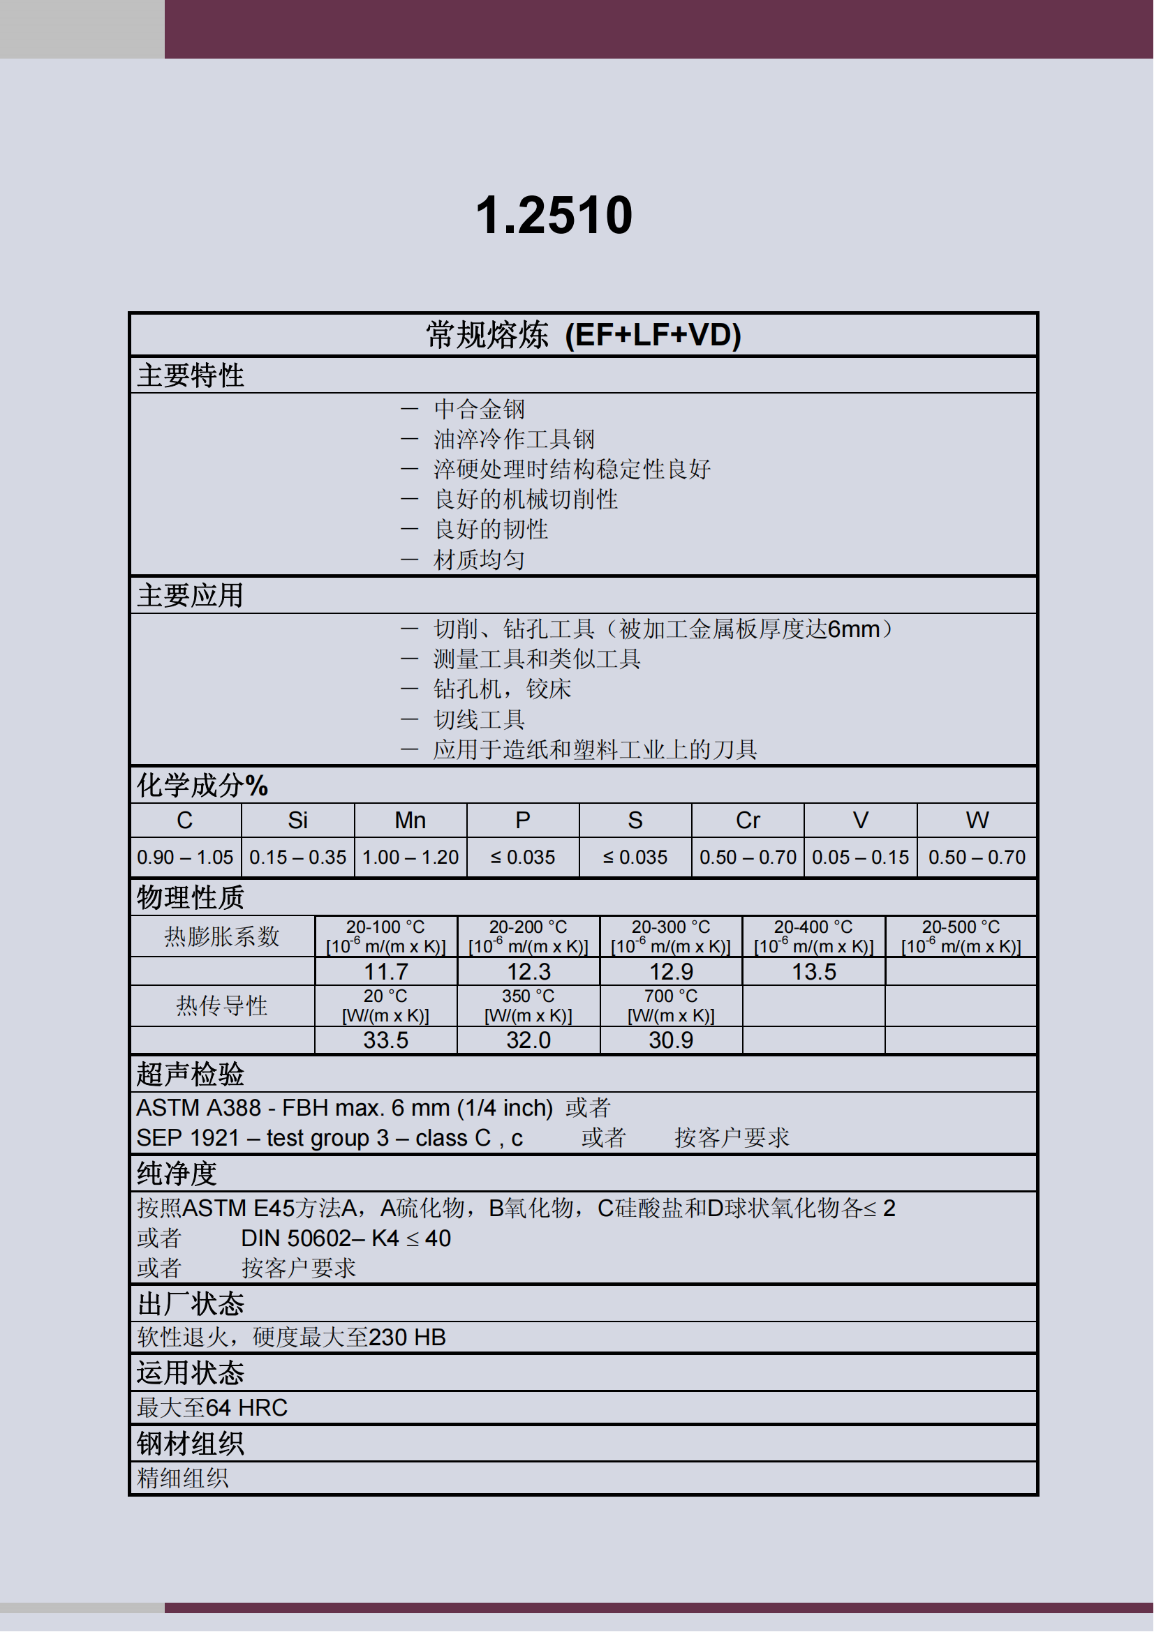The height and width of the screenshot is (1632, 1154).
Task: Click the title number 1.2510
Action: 554,216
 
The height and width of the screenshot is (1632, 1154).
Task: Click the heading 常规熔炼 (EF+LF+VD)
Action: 583,335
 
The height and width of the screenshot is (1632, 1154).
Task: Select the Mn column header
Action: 410,821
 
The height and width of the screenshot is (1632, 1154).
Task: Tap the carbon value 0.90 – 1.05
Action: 185,858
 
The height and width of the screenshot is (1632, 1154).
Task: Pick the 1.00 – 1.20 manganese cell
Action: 410,858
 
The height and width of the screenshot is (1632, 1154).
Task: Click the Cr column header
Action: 747,821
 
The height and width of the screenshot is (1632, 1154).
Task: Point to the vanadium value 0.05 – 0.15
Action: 860,858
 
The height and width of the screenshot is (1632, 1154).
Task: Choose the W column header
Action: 977,821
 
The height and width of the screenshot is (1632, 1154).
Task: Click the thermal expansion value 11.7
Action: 386,972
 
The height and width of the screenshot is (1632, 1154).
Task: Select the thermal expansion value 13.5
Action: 814,972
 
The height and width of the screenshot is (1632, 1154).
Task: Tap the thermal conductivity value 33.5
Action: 386,1040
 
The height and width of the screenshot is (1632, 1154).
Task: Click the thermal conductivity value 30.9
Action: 670,1040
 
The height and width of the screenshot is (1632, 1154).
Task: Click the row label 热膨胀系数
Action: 222,936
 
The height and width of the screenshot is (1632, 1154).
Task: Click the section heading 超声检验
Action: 190,1074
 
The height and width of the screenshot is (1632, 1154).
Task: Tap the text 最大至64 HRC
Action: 212,1407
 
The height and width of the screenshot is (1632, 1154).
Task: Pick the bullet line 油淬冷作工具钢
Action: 514,440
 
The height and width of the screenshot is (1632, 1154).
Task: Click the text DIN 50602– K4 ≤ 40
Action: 346,1238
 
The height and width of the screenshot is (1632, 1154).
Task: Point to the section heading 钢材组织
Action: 190,1444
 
